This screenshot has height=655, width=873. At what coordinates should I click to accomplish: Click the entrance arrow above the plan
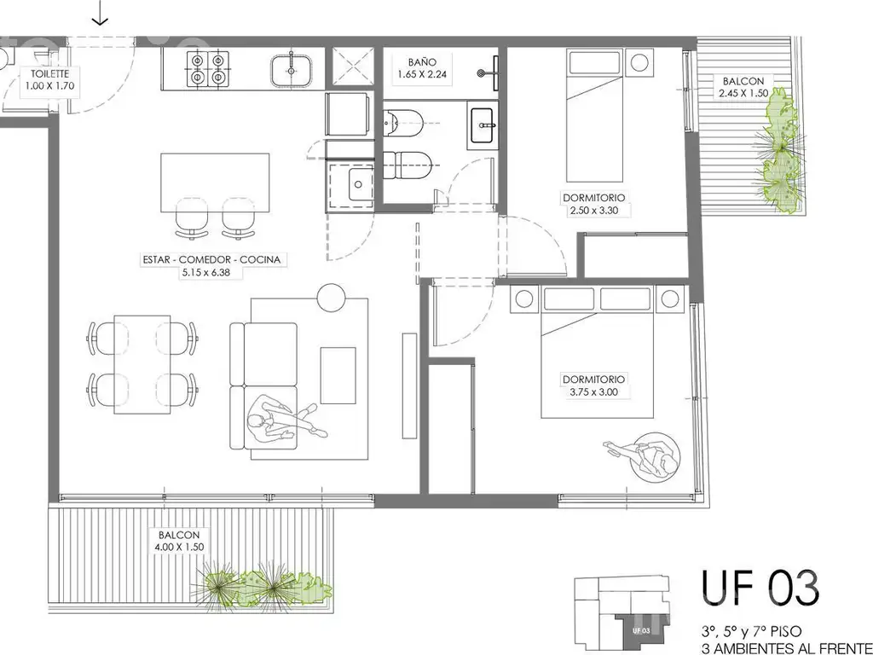[x=100, y=13]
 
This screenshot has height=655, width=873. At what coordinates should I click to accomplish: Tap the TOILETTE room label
[x=49, y=73]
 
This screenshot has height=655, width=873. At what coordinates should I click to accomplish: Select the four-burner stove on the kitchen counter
[x=208, y=68]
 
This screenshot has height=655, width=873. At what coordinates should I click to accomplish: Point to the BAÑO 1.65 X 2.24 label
[x=421, y=68]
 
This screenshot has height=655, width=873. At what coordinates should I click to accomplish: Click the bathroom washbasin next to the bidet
[x=483, y=125]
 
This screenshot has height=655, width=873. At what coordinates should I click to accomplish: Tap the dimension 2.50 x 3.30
[x=593, y=211]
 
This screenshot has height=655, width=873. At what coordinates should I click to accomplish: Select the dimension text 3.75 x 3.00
[x=593, y=391]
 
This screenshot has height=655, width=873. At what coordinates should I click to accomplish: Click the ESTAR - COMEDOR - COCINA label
[x=211, y=259]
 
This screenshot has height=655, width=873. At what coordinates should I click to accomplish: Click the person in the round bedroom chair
[x=646, y=455]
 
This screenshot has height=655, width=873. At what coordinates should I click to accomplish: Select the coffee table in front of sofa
[x=338, y=375]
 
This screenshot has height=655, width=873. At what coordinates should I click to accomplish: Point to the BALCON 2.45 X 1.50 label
[x=743, y=88]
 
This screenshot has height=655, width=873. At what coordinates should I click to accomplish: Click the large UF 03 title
[x=760, y=588]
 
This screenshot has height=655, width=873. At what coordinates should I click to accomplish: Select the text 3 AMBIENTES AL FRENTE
[x=787, y=648]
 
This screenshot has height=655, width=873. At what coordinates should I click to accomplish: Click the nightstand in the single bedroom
[x=639, y=61]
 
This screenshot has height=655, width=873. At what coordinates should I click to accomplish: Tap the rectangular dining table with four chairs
[x=142, y=364]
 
